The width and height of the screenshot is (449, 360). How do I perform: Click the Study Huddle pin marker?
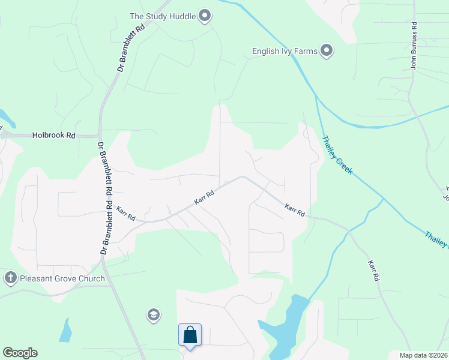[x=205, y=16]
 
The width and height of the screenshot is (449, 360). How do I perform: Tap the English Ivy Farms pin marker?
[x=327, y=51]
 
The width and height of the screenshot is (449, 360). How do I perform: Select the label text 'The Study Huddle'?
[x=163, y=16]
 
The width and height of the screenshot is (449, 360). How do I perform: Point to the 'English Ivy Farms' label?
[x=285, y=51]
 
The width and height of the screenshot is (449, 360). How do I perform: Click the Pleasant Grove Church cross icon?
[x=10, y=278]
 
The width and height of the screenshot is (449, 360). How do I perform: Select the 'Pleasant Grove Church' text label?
[x=62, y=278]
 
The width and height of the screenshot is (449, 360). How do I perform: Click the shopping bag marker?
[x=190, y=335]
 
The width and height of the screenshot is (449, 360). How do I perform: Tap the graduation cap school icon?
[x=153, y=314]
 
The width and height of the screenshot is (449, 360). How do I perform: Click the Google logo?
[x=20, y=353]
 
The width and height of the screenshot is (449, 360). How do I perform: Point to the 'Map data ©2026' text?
[x=423, y=355]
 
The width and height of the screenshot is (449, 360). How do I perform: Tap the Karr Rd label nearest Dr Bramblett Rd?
[x=126, y=212]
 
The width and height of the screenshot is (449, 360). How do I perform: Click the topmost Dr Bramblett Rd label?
[x=131, y=47]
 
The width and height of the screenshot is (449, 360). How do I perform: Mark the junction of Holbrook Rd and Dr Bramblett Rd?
[x=100, y=136]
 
